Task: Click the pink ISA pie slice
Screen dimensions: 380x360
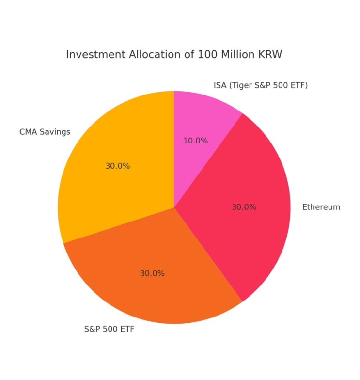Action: pyautogui.click(x=203, y=121)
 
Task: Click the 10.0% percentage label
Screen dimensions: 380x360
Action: pyautogui.click(x=195, y=141)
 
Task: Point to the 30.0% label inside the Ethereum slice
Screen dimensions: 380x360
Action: pyautogui.click(x=244, y=207)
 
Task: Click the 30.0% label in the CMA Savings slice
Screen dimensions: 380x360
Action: pyautogui.click(x=117, y=166)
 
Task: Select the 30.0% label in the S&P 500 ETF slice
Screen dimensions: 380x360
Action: pyautogui.click(x=152, y=273)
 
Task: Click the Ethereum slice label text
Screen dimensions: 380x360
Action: pyautogui.click(x=321, y=207)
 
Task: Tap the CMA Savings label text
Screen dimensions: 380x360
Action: pyautogui.click(x=45, y=132)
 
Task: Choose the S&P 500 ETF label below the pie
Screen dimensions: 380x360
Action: pyautogui.click(x=109, y=330)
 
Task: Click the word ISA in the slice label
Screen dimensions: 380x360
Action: pyautogui.click(x=220, y=86)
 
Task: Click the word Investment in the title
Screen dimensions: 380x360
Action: pyautogui.click(x=92, y=55)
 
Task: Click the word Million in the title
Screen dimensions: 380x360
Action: pyautogui.click(x=238, y=55)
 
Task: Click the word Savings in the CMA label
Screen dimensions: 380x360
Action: pyautogui.click(x=55, y=132)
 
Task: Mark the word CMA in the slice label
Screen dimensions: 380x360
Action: pyautogui.click(x=28, y=132)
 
